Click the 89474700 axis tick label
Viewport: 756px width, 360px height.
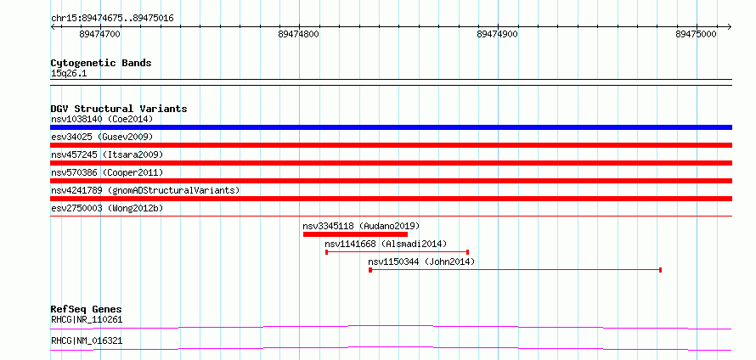click(99, 35)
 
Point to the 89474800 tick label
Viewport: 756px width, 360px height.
click(298, 35)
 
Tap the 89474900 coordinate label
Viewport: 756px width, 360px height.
click(497, 35)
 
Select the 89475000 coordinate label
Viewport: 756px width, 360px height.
click(697, 35)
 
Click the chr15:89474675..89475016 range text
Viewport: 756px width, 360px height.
click(112, 19)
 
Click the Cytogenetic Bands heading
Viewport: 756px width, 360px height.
click(101, 63)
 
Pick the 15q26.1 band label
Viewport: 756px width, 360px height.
click(69, 74)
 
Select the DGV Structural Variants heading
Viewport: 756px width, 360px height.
click(119, 109)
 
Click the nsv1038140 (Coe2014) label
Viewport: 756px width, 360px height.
click(102, 119)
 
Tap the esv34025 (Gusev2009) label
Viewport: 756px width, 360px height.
click(102, 137)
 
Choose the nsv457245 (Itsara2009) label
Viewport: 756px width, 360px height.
click(107, 155)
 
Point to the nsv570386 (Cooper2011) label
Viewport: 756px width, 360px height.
click(107, 172)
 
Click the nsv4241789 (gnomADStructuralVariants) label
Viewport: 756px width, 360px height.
click(145, 190)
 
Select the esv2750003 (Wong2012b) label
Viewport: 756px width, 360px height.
click(107, 208)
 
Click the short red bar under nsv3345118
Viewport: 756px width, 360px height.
click(355, 234)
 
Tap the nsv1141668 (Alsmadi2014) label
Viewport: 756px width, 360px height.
click(386, 244)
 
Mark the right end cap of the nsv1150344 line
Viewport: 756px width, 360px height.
click(660, 270)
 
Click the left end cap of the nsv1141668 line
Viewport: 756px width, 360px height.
click(327, 252)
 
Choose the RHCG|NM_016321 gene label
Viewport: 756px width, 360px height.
click(87, 341)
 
